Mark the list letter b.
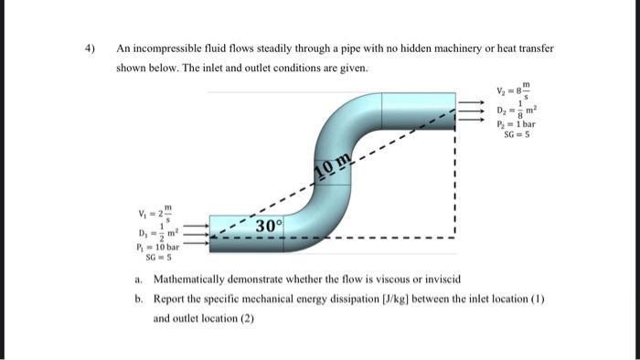tap(137, 298)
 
